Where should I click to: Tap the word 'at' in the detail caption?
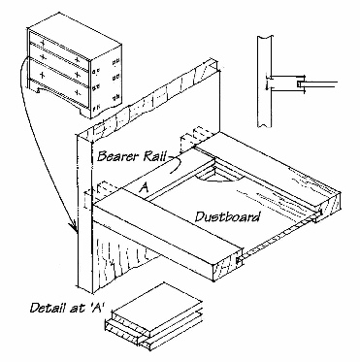[x=68, y=308]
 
